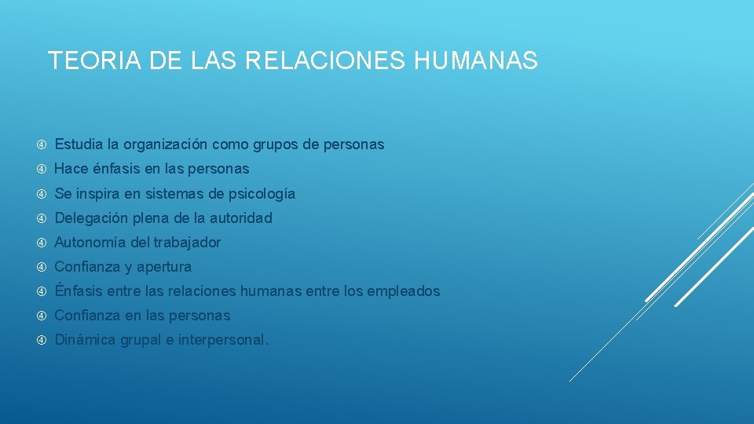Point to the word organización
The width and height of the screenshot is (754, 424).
(164, 144)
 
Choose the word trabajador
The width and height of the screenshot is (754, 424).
(187, 243)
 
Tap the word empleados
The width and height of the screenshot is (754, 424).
(403, 291)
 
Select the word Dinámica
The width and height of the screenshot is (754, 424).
(83, 340)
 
